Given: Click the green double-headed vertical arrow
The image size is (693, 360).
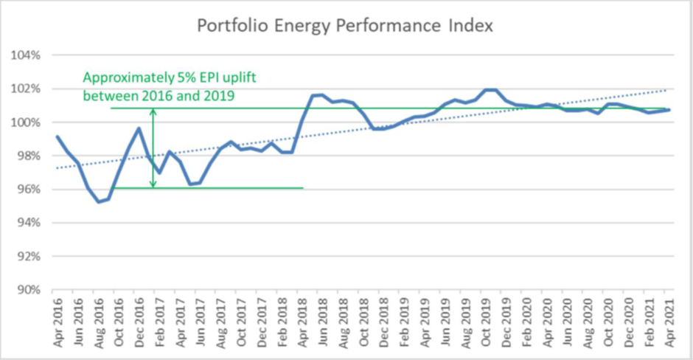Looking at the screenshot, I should point(153,148).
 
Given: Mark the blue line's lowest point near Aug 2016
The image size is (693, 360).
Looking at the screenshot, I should point(99,201).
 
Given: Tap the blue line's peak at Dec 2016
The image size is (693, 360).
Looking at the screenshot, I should point(139,128).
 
